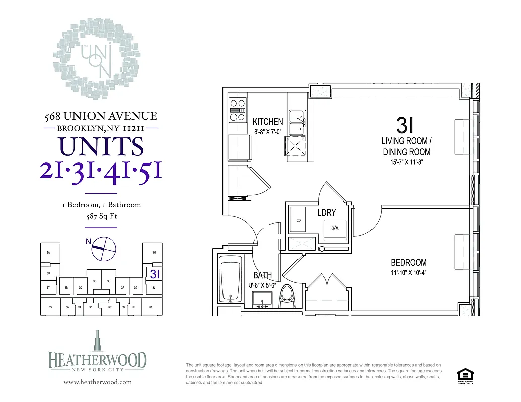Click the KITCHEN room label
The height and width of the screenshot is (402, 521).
267,122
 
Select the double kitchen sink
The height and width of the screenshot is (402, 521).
296,122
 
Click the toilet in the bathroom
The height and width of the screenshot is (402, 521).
287,295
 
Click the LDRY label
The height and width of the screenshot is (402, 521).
326,213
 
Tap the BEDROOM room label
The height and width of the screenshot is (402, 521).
408,262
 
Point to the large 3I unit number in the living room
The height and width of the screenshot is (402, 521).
406,124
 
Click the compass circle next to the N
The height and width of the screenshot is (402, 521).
104,248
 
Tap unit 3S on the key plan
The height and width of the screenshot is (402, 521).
49,306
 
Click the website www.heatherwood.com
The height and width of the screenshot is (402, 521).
98,382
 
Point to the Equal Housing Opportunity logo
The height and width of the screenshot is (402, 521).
464,375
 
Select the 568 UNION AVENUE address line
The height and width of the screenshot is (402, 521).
101,116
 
